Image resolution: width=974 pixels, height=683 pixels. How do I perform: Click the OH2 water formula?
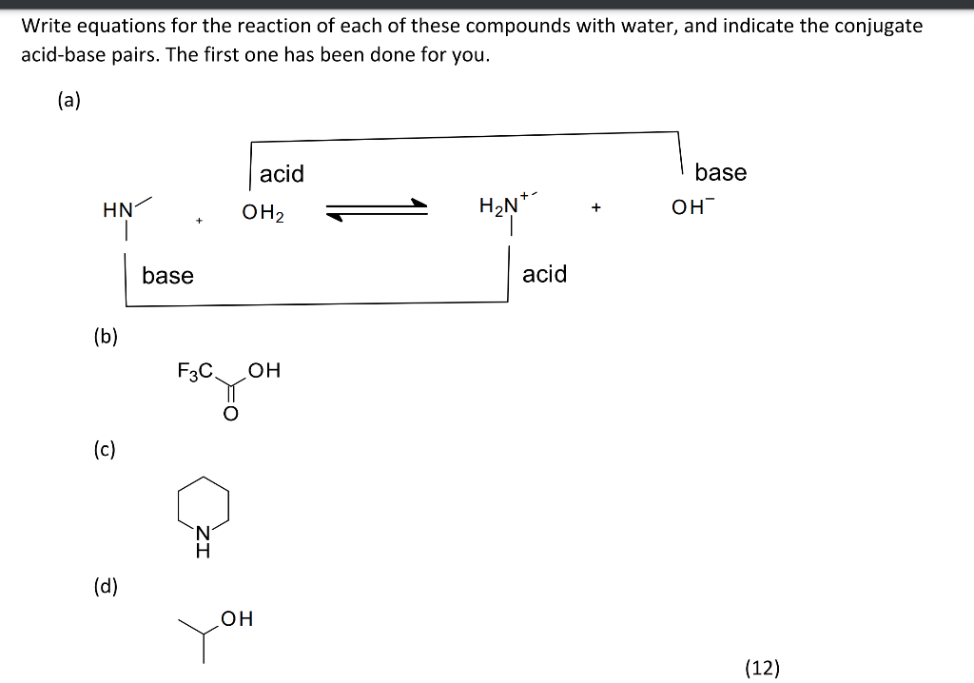263,212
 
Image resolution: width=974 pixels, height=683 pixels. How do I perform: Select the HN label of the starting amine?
117,210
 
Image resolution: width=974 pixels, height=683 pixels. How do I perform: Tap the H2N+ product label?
499,205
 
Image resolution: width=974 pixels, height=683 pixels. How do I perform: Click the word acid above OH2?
282,174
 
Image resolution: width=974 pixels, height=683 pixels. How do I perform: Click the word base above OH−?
720,172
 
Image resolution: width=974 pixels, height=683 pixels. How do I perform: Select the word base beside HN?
167,275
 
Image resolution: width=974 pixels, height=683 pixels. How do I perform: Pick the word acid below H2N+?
544,274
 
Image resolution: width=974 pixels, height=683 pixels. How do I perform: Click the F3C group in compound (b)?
195,370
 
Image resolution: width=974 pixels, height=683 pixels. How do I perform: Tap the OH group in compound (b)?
264,370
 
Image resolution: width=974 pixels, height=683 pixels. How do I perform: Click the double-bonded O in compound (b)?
229,414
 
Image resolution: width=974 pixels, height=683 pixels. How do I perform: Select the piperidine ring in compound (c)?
202,505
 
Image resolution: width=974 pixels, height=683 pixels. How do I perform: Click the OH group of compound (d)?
237,619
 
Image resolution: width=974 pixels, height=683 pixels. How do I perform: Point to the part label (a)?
68,101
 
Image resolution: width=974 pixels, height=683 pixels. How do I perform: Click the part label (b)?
106,335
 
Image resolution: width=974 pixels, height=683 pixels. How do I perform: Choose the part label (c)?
105,449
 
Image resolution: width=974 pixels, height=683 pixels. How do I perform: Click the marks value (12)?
762,667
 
